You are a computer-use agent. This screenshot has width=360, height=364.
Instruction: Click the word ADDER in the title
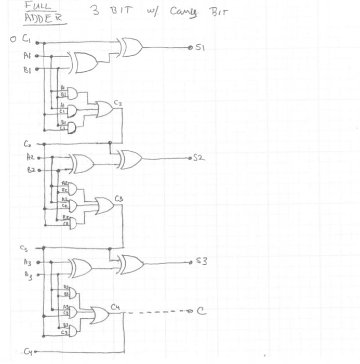click(x=44, y=19)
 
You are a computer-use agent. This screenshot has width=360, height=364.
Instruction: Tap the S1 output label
click(x=202, y=48)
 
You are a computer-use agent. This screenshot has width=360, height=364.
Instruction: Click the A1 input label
click(x=28, y=55)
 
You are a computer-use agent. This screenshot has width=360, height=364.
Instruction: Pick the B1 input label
click(x=28, y=68)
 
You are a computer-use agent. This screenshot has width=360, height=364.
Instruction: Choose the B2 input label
click(x=30, y=170)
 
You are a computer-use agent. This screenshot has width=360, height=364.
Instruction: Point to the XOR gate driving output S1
click(x=131, y=47)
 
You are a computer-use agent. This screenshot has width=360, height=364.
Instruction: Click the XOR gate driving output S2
click(x=130, y=158)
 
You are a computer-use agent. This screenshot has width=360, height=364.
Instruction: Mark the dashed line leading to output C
click(x=156, y=312)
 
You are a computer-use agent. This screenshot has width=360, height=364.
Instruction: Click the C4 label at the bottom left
click(x=29, y=352)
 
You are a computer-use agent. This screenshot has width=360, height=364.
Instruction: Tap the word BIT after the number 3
click(x=121, y=10)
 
